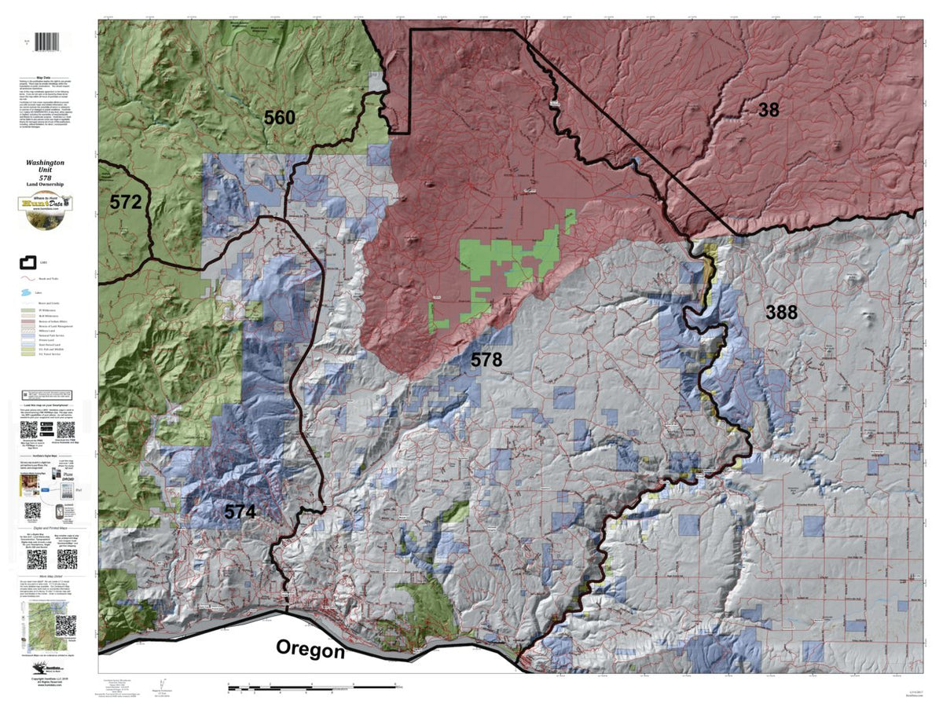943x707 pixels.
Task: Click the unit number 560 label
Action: (279, 119)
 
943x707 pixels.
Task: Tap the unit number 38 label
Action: (769, 110)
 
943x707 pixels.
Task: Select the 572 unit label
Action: (125, 202)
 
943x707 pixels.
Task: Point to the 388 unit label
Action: (782, 313)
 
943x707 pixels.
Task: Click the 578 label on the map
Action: (486, 361)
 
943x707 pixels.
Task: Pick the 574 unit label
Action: (240, 512)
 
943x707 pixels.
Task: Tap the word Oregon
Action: (310, 650)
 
